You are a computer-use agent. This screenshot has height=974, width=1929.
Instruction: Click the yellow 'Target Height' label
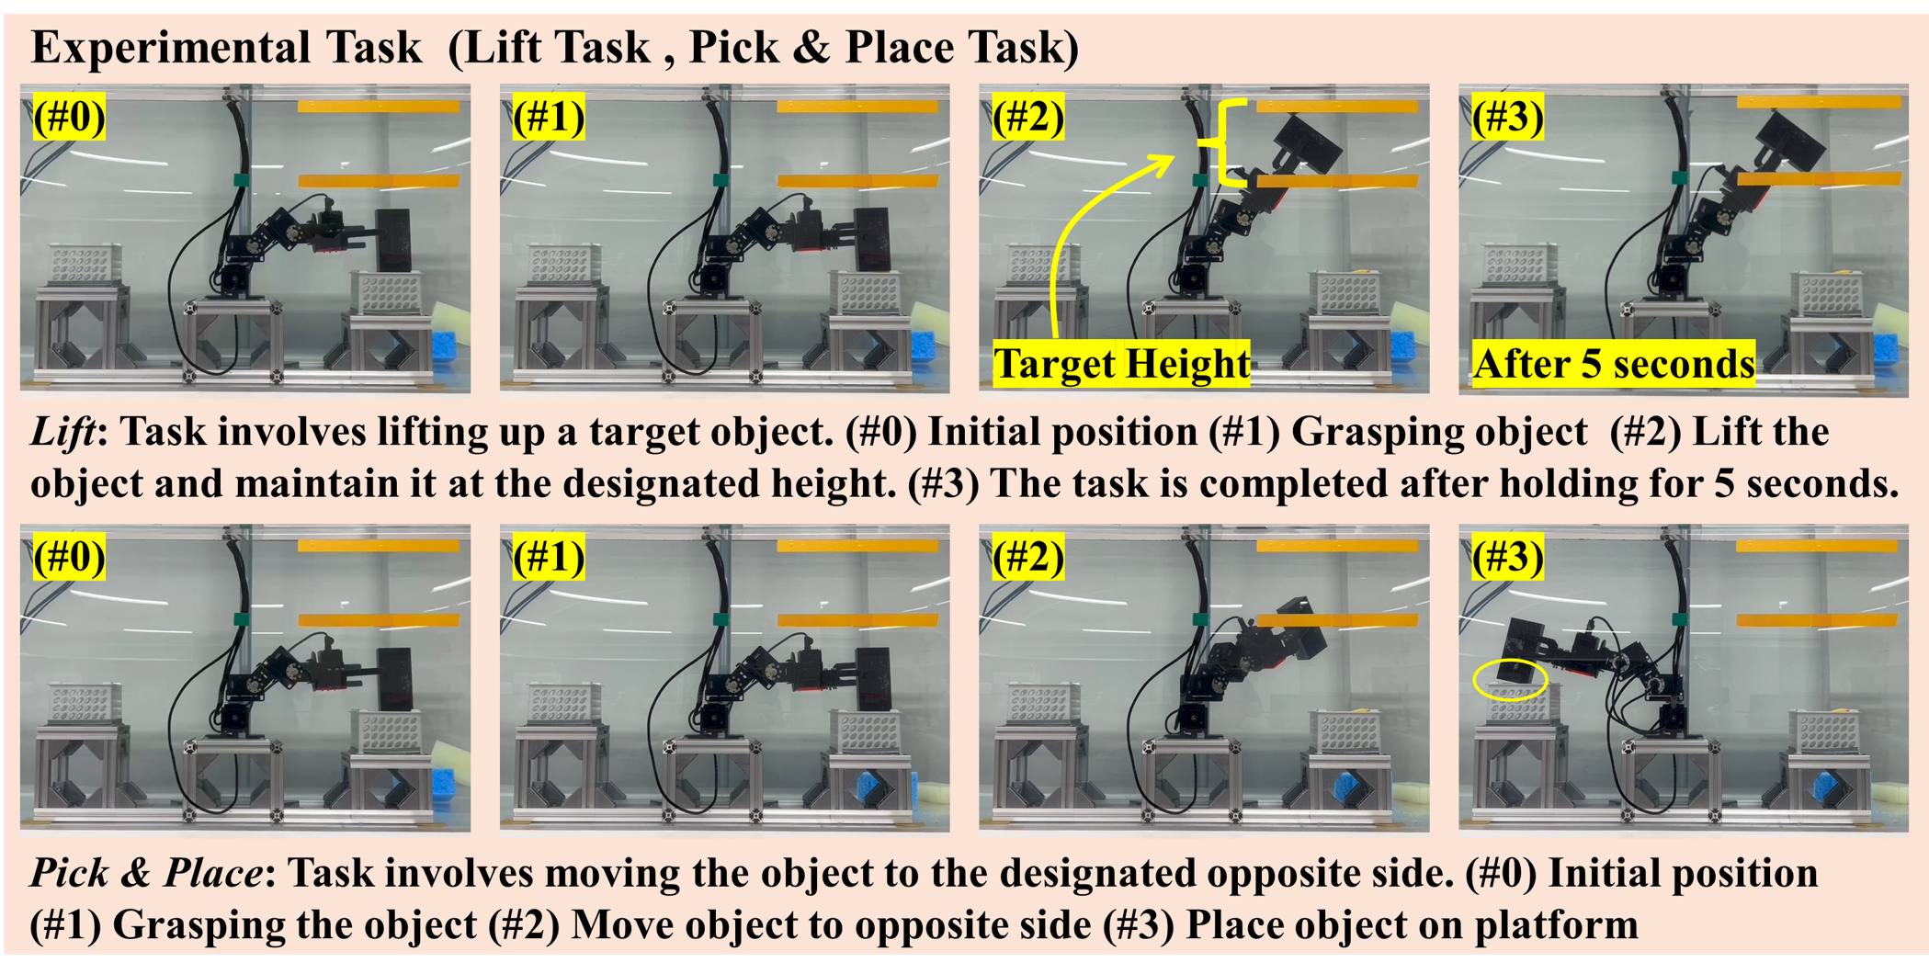pyautogui.click(x=1122, y=364)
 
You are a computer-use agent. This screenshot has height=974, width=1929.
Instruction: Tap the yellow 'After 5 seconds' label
pyautogui.click(x=1614, y=364)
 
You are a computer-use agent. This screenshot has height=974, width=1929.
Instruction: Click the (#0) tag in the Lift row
pyautogui.click(x=69, y=117)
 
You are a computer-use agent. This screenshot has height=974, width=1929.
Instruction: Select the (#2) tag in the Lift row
pyautogui.click(x=1028, y=117)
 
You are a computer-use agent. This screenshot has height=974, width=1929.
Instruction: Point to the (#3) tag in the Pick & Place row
pyautogui.click(x=1508, y=557)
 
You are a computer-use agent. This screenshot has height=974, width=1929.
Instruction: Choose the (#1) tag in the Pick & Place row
pyautogui.click(x=549, y=557)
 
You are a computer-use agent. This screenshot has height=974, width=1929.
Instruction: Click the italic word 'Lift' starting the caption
pyautogui.click(x=63, y=431)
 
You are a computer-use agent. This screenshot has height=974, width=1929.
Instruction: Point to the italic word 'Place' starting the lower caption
pyautogui.click(x=212, y=872)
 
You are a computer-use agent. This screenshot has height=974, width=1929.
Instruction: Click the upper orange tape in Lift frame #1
pyautogui.click(x=857, y=107)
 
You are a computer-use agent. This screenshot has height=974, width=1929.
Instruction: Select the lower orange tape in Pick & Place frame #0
pyautogui.click(x=379, y=620)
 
